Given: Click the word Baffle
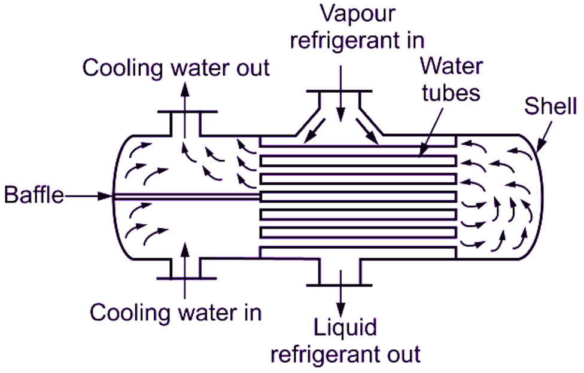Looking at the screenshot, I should tap(34, 195).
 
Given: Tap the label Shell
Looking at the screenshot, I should tap(550, 107).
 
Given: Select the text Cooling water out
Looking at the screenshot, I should tap(177, 68).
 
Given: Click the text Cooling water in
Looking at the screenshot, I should tap(177, 312).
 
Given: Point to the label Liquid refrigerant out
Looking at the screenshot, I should tap(346, 341).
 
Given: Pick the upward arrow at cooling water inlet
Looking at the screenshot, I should tap(185, 269).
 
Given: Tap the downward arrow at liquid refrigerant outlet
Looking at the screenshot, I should tap(340, 293).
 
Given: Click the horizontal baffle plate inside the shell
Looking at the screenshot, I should tap(185, 196).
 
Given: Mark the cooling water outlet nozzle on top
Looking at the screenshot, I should tap(185, 123).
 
